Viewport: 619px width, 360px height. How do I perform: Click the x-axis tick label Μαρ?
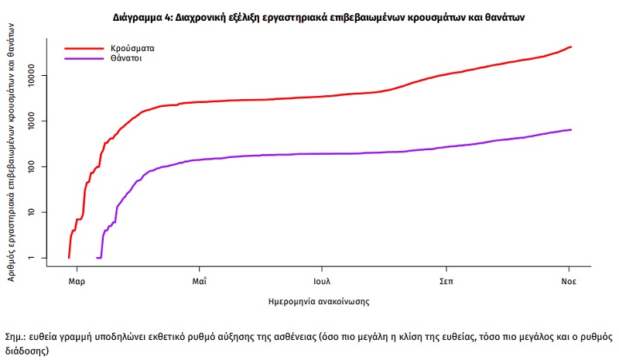coord(77,281)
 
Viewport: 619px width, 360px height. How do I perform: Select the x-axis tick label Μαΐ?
coord(200,281)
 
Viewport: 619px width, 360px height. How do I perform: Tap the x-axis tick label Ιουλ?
coord(322,281)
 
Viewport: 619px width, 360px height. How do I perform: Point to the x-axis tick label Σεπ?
coord(446,281)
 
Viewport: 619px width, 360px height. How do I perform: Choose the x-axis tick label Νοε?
coord(569,281)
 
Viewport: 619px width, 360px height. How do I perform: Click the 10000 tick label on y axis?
coord(31,75)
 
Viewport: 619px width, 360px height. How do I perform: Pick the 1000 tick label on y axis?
coord(31,121)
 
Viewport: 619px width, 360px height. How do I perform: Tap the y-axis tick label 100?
coord(31,166)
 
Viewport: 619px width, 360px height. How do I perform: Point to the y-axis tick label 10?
coord(31,212)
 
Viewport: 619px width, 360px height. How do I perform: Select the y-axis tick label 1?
coord(31,258)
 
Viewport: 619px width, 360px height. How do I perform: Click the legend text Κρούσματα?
coord(132,49)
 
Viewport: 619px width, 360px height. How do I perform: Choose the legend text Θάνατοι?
coord(126,59)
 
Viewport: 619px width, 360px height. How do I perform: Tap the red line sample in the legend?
coord(84,49)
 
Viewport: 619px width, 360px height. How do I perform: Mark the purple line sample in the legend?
coord(84,59)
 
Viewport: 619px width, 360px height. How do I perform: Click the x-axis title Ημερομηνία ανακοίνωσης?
coord(319,302)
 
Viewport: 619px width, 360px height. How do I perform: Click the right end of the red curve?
coord(571,47)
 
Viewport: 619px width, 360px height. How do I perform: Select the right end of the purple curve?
coord(571,129)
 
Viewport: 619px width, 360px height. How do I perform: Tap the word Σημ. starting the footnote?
coord(15,337)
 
